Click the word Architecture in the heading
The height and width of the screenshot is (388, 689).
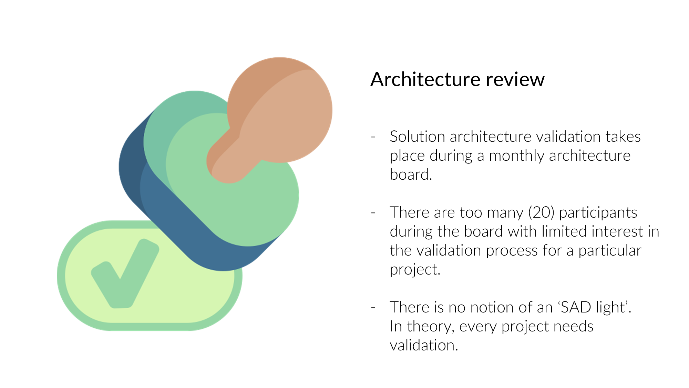tap(424, 80)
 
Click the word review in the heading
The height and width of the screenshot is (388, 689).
tap(515, 80)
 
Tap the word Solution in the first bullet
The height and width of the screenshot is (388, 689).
tap(417, 137)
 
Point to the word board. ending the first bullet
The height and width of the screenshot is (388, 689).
tap(411, 175)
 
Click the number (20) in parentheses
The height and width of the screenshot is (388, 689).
tap(541, 212)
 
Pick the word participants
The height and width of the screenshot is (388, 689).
tap(598, 212)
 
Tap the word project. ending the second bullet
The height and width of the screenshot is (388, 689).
tap(415, 269)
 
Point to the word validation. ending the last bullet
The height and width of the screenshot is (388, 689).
tap(424, 345)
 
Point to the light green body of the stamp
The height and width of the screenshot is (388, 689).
tap(248, 207)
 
